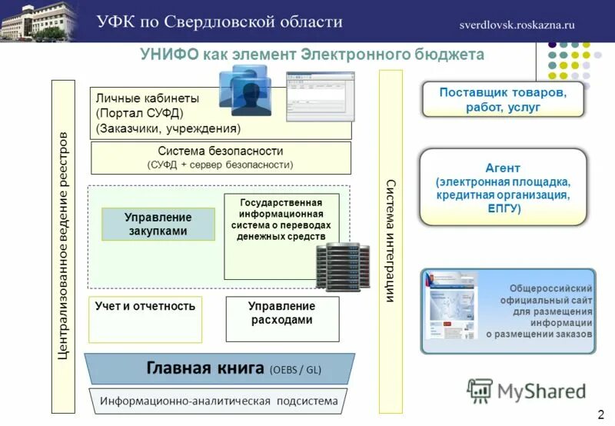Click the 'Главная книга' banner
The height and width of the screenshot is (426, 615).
pyautogui.click(x=219, y=368)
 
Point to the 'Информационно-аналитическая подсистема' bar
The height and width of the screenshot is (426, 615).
pyautogui.click(x=219, y=401)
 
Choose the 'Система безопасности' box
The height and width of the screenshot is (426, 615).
pyautogui.click(x=221, y=158)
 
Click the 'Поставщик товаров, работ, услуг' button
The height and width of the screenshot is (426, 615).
pyautogui.click(x=503, y=100)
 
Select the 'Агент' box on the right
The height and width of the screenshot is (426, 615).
pyautogui.click(x=503, y=188)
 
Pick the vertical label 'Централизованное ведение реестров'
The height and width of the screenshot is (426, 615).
pyautogui.click(x=64, y=246)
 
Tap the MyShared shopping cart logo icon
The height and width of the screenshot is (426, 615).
pyautogui.click(x=480, y=391)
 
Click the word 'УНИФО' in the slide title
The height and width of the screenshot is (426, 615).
pyautogui.click(x=168, y=55)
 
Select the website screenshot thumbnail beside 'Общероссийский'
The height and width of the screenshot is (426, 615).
pyautogui.click(x=452, y=310)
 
